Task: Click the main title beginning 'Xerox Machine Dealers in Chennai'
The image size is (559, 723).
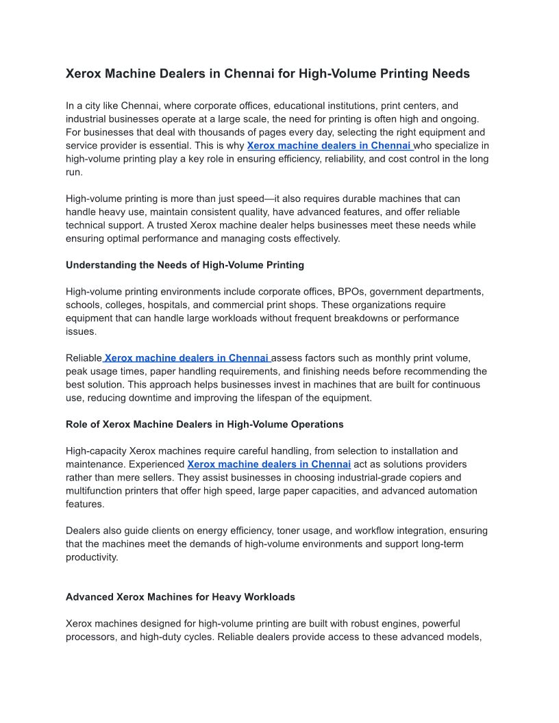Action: (267, 73)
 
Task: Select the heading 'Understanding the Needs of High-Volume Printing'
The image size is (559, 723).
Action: (185, 265)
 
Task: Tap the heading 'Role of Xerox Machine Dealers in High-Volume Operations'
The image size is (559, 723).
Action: (204, 424)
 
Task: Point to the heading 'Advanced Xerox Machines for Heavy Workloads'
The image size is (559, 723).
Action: (180, 597)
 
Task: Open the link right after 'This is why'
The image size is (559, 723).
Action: (329, 146)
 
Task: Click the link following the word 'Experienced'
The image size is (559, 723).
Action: (269, 464)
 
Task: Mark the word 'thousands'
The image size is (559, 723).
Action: (258, 132)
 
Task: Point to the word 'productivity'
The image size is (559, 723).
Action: (92, 557)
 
